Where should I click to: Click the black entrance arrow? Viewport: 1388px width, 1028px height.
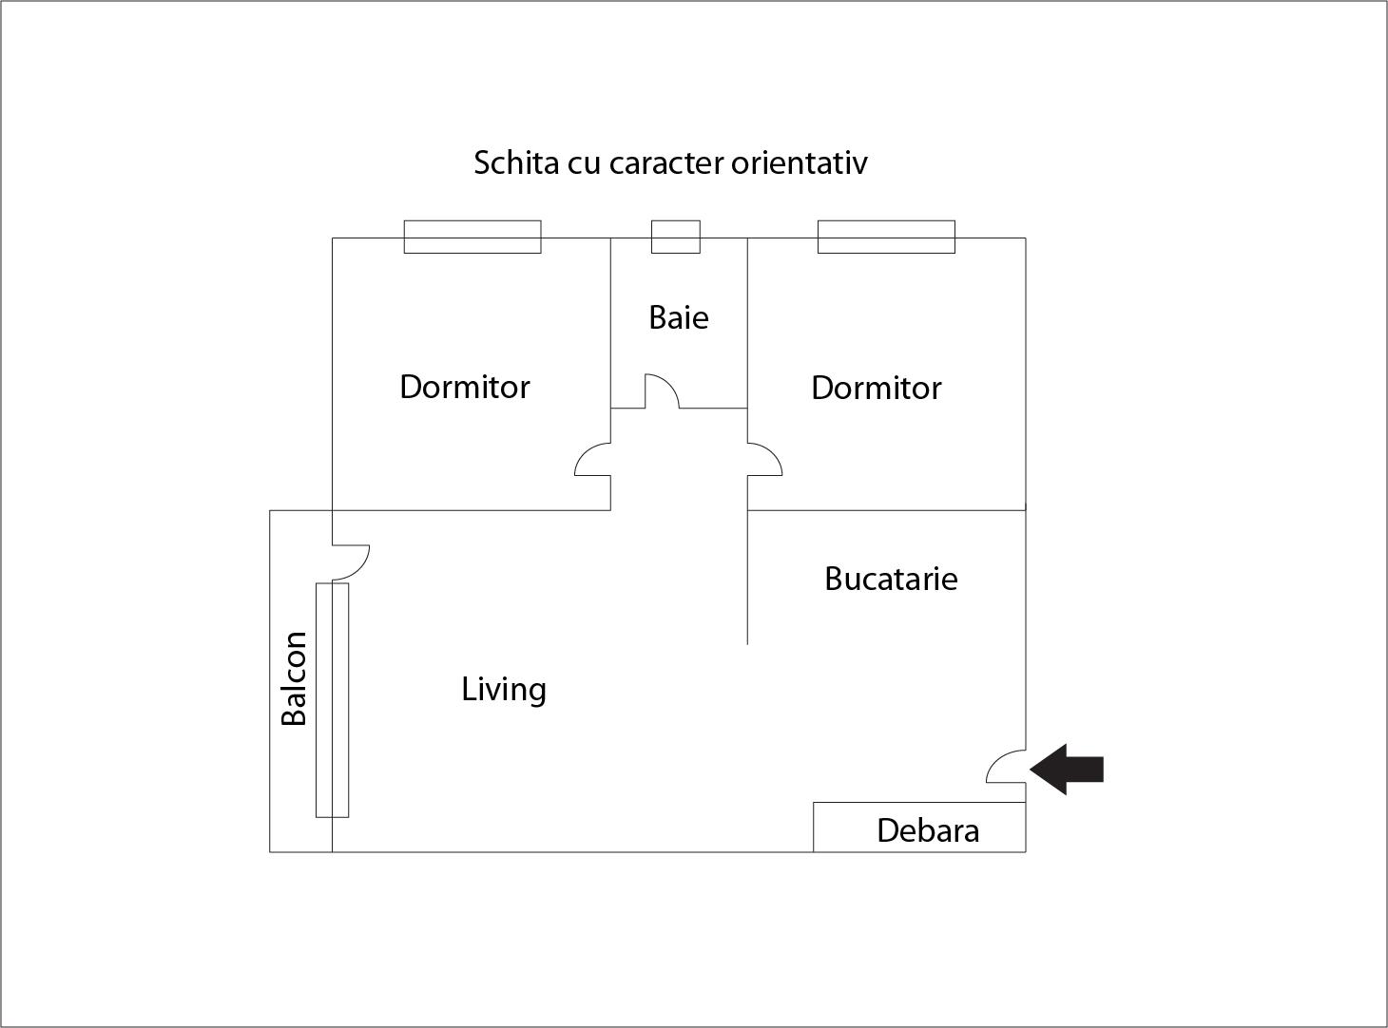[1067, 769]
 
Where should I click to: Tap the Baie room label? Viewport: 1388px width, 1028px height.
[679, 317]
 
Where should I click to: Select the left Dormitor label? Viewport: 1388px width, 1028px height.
[464, 387]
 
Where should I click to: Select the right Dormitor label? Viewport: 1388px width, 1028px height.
[877, 388]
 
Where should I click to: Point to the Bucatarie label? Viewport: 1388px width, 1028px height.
[891, 579]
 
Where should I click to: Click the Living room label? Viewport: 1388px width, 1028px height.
[504, 690]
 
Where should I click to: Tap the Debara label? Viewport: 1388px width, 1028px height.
[928, 831]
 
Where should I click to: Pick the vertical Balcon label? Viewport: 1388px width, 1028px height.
[294, 679]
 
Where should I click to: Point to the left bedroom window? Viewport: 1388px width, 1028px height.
[472, 238]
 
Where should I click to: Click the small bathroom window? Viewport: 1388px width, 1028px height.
[676, 238]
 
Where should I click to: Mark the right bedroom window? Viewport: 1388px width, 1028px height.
[886, 238]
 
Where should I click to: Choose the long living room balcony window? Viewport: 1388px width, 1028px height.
[333, 700]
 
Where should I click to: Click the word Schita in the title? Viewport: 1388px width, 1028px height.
[516, 162]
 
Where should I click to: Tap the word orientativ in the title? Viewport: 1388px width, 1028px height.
[800, 162]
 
